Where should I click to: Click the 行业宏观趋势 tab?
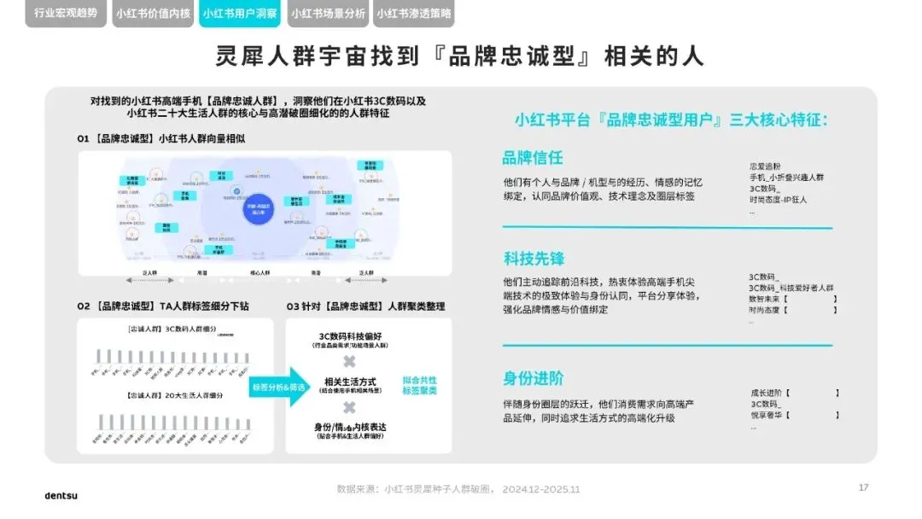(66, 14)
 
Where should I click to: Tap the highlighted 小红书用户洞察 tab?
(239, 14)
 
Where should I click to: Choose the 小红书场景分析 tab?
(327, 14)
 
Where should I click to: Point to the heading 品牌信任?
(533, 158)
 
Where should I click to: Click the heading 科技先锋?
(533, 258)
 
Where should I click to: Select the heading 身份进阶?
(533, 378)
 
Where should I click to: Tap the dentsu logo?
(61, 495)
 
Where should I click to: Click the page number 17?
(863, 487)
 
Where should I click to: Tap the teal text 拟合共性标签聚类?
(420, 385)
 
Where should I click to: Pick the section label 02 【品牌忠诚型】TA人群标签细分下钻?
(163, 306)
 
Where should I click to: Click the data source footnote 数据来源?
(458, 489)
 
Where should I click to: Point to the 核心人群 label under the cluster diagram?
(260, 272)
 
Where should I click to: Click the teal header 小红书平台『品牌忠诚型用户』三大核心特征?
(670, 120)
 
